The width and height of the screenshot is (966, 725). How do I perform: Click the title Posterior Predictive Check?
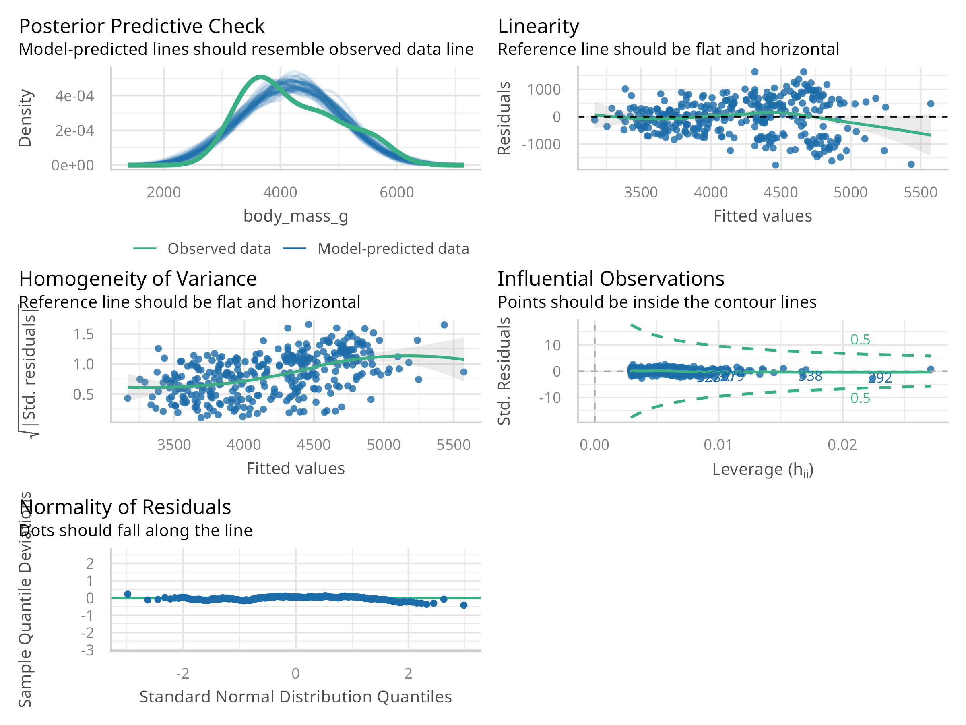coord(142,26)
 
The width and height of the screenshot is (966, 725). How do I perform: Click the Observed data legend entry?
coord(219,249)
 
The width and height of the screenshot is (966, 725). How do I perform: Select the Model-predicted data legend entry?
coord(393,249)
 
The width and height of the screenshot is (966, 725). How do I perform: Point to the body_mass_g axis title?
coord(296,216)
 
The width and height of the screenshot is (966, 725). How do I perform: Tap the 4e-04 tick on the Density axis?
coord(74,96)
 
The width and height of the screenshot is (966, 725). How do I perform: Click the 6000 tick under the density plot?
coord(396,192)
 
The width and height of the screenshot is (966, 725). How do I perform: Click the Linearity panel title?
coord(538,26)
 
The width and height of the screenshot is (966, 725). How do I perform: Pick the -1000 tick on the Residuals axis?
coord(541,144)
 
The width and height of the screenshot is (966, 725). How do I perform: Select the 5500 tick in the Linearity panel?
coord(920,192)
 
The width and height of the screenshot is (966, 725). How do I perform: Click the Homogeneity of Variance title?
coord(138,279)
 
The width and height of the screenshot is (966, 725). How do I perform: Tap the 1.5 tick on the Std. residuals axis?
coord(83,334)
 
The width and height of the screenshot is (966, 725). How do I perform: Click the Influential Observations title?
coord(611,279)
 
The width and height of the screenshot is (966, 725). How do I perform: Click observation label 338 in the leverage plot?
coord(810,376)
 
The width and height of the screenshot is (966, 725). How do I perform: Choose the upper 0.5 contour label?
coord(860,340)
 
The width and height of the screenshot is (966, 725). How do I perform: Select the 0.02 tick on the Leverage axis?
coord(842,445)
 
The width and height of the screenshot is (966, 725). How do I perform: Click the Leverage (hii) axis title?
coord(762,469)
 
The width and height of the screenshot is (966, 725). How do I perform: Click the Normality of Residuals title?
coord(125,507)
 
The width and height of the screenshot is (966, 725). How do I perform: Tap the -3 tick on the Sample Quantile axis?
coord(87,650)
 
